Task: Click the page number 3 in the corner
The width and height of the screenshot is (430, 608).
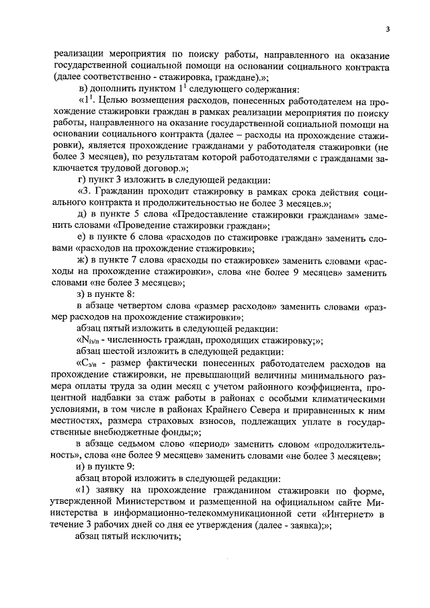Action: click(x=388, y=29)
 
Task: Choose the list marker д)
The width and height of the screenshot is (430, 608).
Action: click(x=84, y=214)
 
